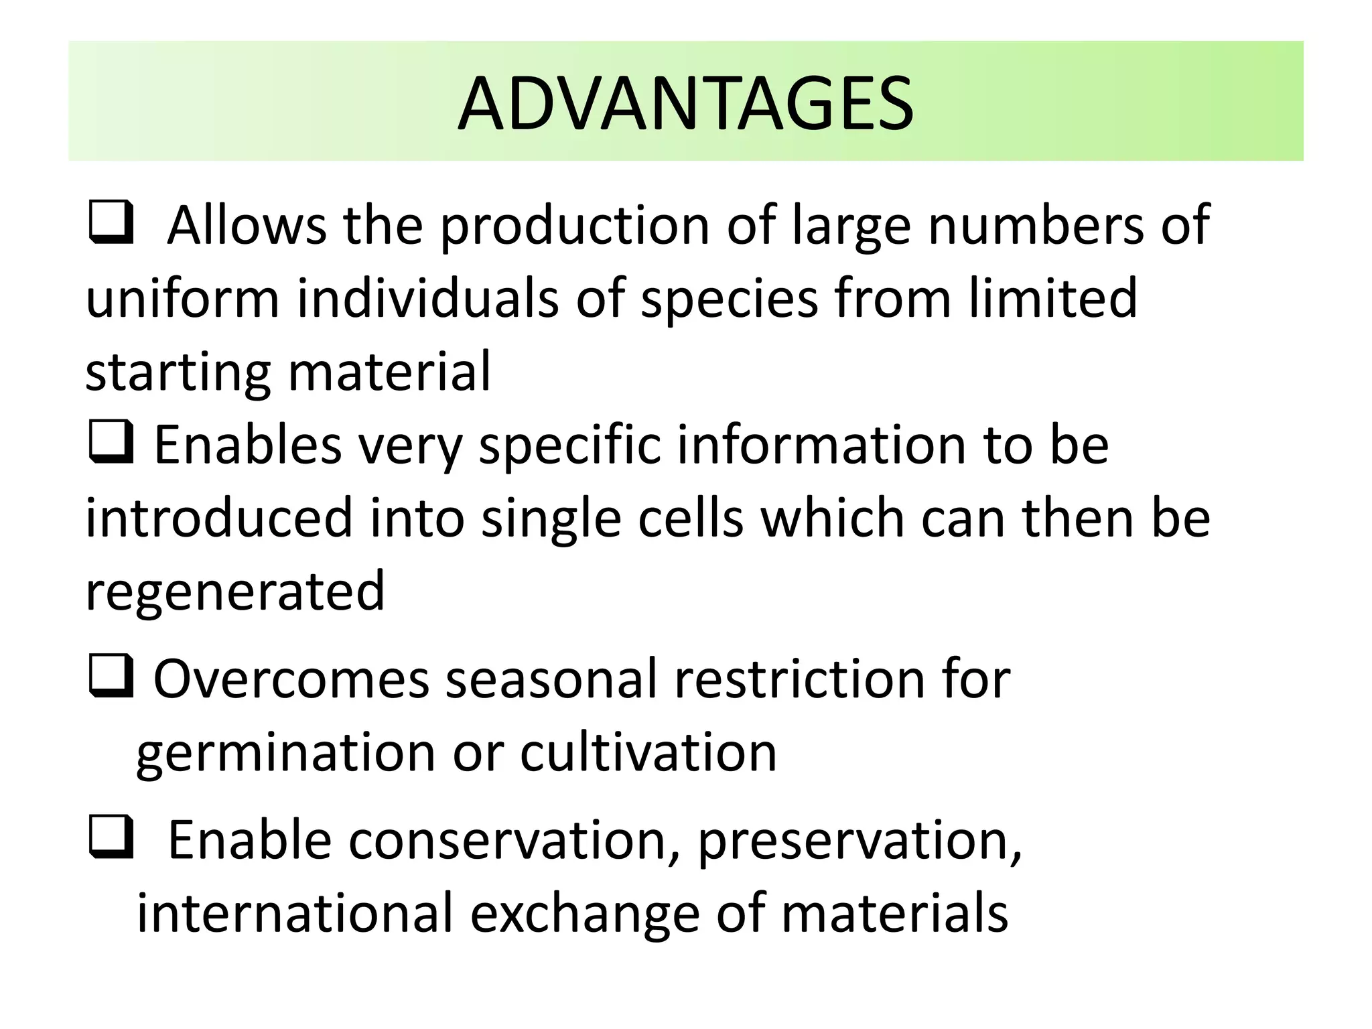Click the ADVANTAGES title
[685, 104]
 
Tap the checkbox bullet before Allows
[109, 222]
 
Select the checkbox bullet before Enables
[109, 443]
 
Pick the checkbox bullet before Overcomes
[109, 677]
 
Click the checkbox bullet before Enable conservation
[109, 838]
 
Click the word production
[574, 226]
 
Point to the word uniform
[182, 298]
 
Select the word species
[729, 299]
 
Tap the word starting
[178, 373]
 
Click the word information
[821, 445]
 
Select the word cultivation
[648, 752]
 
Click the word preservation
[859, 842]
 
